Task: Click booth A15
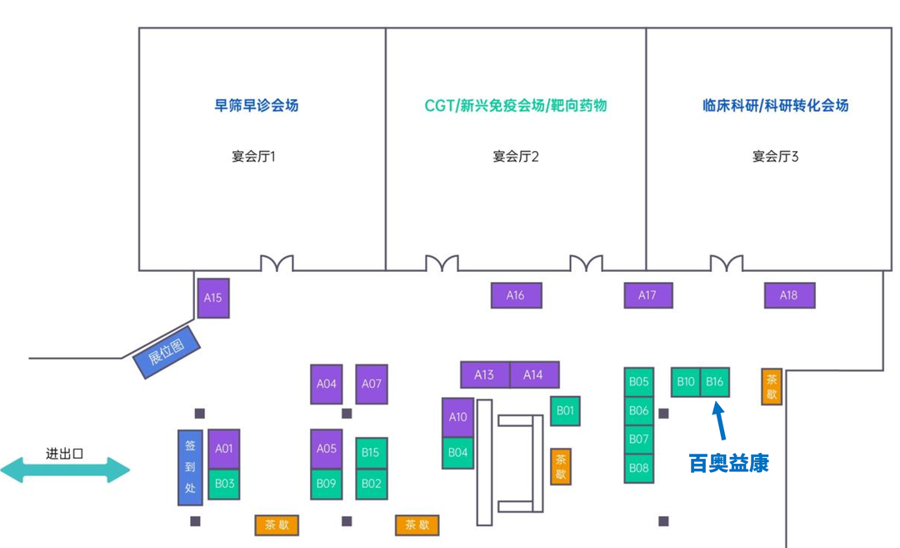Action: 213,298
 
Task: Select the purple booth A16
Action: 516,295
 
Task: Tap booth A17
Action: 647,295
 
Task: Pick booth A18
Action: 788,295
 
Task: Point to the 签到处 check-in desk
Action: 190,467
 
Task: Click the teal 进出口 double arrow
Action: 65,470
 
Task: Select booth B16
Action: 715,382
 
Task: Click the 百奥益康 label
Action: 728,463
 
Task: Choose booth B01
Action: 565,410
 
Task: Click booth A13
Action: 485,375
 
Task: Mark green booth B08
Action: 639,468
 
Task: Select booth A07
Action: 372,384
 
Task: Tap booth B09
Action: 327,483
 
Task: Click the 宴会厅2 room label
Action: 516,156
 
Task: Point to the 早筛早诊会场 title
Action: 256,106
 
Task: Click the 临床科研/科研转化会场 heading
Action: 775,106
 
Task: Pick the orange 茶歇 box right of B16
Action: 772,387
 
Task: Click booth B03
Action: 224,484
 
